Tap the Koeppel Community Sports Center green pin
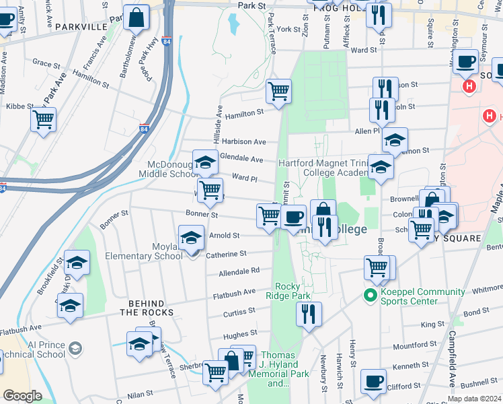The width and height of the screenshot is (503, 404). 369,295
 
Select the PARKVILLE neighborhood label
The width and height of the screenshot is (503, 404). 82,26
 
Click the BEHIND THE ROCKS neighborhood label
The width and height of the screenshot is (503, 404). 147,308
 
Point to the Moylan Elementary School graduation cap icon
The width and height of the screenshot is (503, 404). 191,238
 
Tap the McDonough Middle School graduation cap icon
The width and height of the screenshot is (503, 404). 205,162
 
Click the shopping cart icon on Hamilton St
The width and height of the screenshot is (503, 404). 278,90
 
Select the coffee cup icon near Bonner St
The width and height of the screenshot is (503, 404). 294,217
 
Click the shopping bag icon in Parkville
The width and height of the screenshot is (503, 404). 137,19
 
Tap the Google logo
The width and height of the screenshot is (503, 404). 22,396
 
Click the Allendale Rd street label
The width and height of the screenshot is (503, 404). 239,271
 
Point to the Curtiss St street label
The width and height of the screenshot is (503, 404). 240,312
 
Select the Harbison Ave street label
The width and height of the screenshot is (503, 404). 244,142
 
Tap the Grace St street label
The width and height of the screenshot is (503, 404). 46,63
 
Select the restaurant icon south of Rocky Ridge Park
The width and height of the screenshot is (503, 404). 309,314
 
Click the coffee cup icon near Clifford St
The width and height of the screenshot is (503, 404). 373,381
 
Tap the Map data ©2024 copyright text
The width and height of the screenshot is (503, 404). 473,399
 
